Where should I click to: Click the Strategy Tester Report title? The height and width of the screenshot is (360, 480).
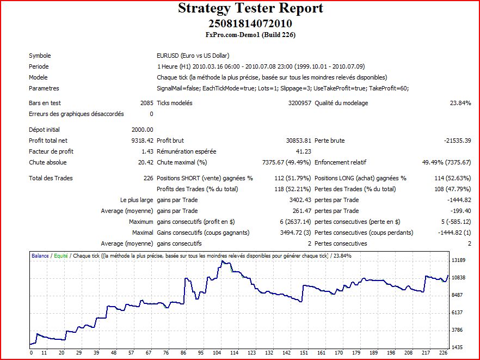pyautogui.click(x=250, y=9)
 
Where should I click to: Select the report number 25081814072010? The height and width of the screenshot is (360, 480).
pyautogui.click(x=250, y=23)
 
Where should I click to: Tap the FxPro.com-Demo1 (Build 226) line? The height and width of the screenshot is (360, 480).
pyautogui.click(x=250, y=35)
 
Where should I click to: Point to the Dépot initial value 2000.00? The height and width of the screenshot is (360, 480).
pyautogui.click(x=142, y=130)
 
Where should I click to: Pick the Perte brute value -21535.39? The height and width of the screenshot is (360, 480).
pyautogui.click(x=457, y=141)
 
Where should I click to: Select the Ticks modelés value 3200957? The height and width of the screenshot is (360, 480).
pyautogui.click(x=298, y=103)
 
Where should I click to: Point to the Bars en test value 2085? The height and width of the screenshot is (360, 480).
pyautogui.click(x=146, y=103)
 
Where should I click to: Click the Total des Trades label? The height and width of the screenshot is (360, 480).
pyautogui.click(x=51, y=178)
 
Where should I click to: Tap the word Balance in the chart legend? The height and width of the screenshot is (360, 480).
pyautogui.click(x=40, y=255)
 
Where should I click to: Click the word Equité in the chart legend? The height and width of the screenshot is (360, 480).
pyautogui.click(x=60, y=255)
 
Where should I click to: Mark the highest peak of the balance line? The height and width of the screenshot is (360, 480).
pyautogui.click(x=222, y=261)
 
